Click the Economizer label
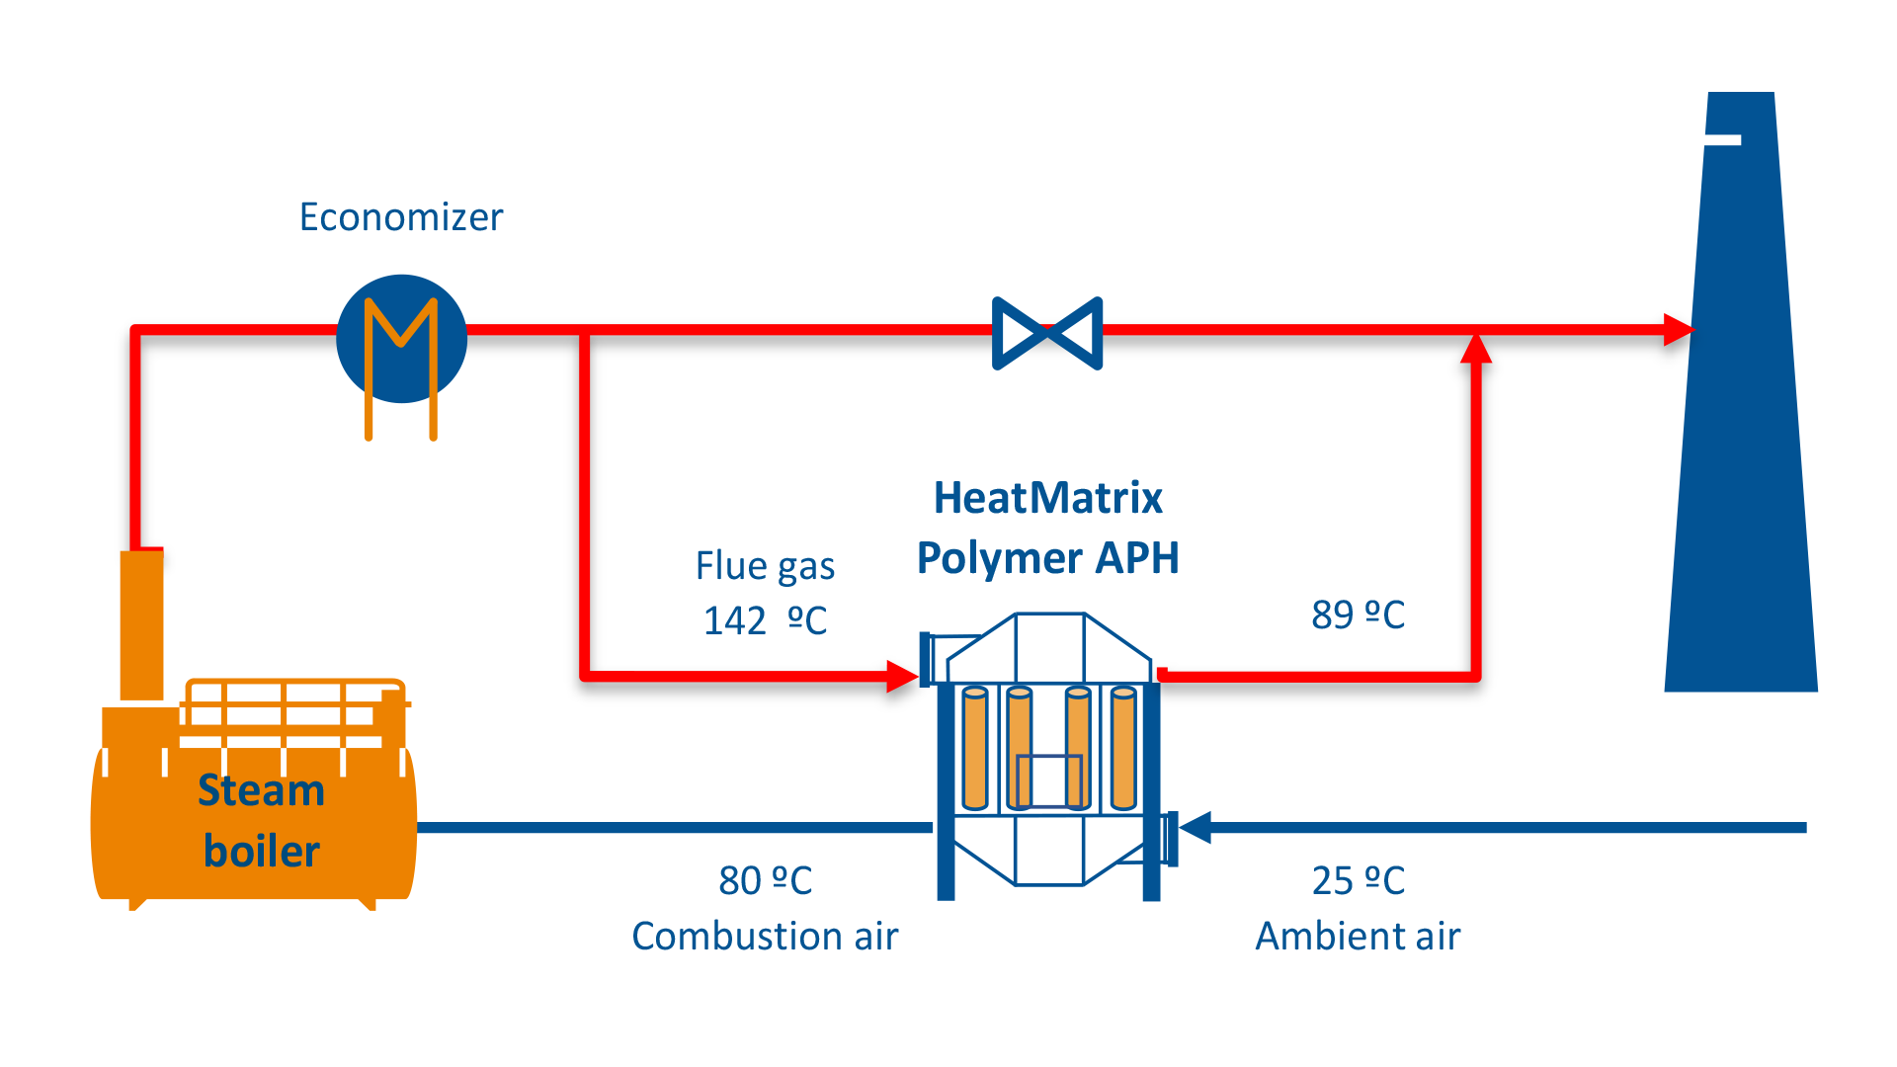click(x=401, y=217)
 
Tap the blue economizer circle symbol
click(x=401, y=338)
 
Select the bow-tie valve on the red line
click(x=1047, y=333)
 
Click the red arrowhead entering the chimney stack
click(x=1678, y=329)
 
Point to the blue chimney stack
click(x=1741, y=445)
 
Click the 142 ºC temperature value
click(x=765, y=620)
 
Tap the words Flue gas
click(x=765, y=566)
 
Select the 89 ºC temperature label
click(x=1358, y=615)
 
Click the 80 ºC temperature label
click(x=765, y=880)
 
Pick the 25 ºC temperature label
click(x=1358, y=880)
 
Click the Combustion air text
click(x=765, y=935)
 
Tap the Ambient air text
click(x=1358, y=935)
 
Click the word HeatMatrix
click(x=1047, y=498)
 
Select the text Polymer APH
click(x=1047, y=558)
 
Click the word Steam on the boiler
click(x=261, y=790)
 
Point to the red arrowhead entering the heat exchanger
click(x=901, y=676)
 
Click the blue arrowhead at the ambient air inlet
click(x=1196, y=828)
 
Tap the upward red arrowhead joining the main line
click(x=1476, y=348)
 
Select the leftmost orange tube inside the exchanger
click(x=975, y=749)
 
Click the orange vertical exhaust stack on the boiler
click(x=141, y=624)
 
